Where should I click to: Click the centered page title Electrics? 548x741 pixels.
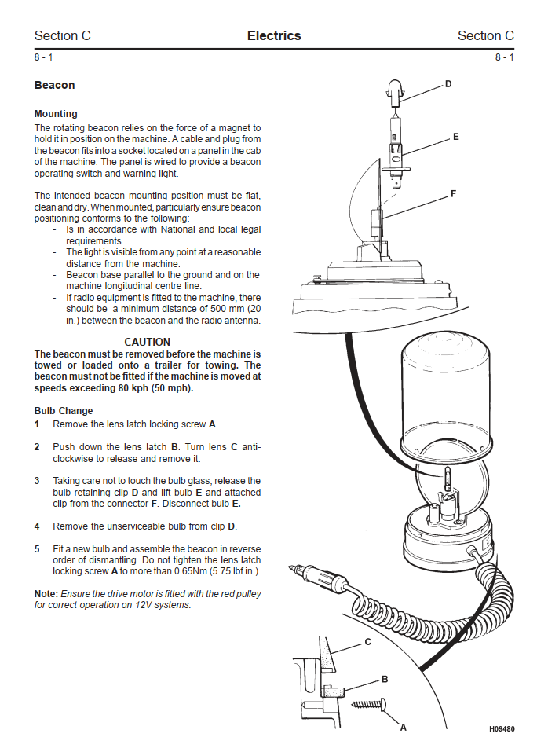pyautogui.click(x=274, y=35)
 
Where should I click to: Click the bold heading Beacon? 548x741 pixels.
pyautogui.click(x=54, y=85)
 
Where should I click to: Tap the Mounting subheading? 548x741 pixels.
pyautogui.click(x=56, y=114)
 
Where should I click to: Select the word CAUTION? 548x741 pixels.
pyautogui.click(x=147, y=342)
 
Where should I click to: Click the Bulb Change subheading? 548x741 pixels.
pyautogui.click(x=64, y=411)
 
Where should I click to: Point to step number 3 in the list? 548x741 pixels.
pyautogui.click(x=37, y=481)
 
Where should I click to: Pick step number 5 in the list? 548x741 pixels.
pyautogui.click(x=37, y=549)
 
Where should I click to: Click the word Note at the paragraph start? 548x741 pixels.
pyautogui.click(x=46, y=594)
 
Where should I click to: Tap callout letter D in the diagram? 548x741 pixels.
pyautogui.click(x=448, y=83)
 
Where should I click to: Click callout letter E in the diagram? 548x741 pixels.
pyautogui.click(x=455, y=137)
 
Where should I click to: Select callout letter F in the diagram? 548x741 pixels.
pyautogui.click(x=453, y=193)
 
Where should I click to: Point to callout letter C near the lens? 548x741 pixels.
pyautogui.click(x=367, y=642)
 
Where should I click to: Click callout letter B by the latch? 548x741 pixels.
pyautogui.click(x=385, y=679)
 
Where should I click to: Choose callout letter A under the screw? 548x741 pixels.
pyautogui.click(x=403, y=727)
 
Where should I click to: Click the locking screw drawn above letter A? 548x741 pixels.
pyautogui.click(x=369, y=702)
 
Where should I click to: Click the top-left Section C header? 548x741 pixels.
pyautogui.click(x=63, y=35)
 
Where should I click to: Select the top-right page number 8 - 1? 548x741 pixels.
pyautogui.click(x=504, y=57)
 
